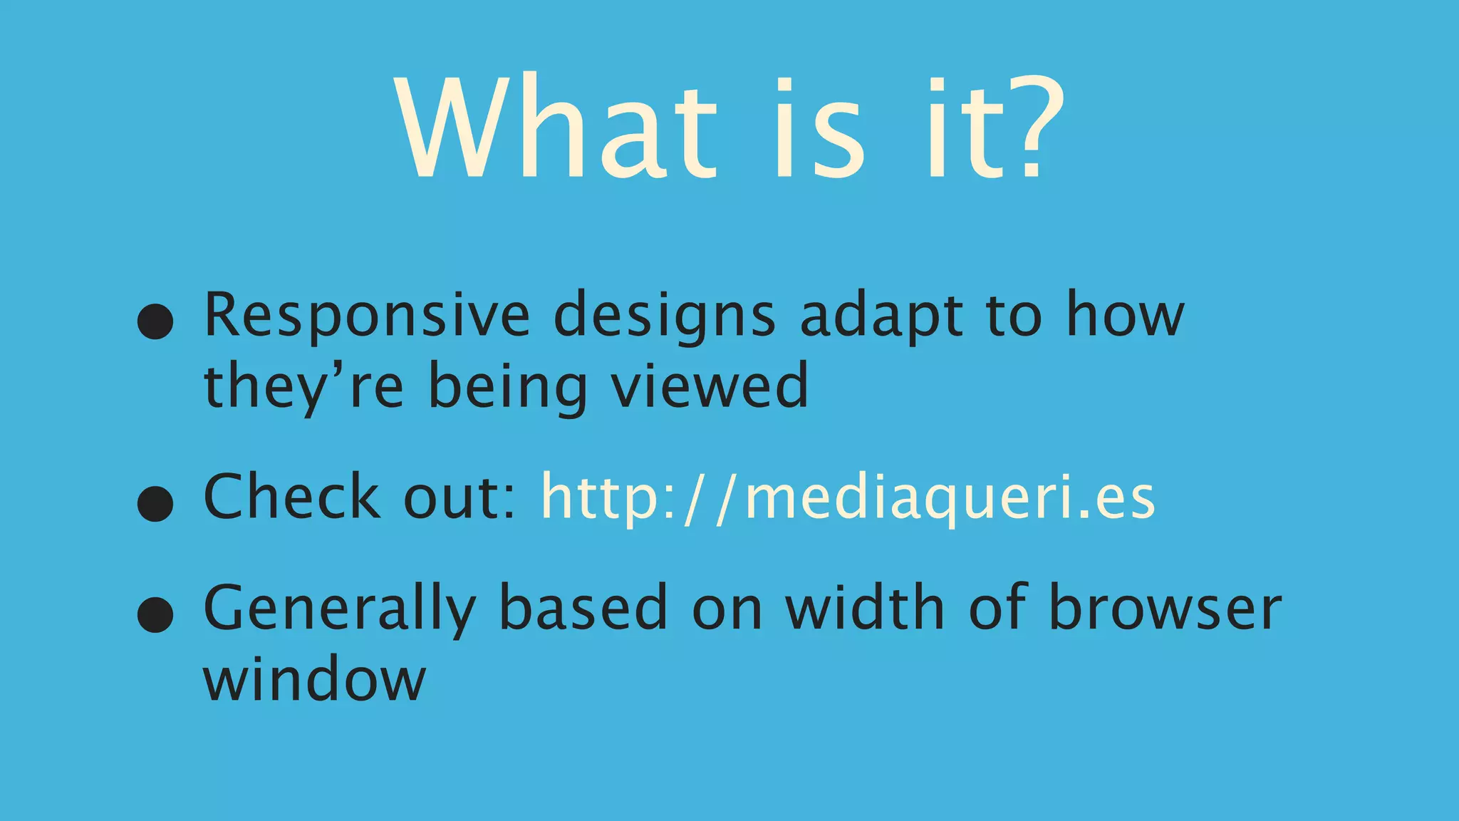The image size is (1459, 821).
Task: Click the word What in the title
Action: point(555,128)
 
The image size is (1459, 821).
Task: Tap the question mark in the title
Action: point(1033,128)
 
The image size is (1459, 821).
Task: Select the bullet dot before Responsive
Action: point(155,321)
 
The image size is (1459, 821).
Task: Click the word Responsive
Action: point(367,316)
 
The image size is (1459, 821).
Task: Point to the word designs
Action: point(664,316)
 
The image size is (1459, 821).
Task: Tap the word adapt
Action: point(881,316)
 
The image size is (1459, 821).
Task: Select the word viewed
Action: point(710,386)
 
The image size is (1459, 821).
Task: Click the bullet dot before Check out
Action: point(155,504)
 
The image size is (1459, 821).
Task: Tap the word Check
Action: point(291,496)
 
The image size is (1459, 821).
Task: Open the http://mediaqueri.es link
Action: point(848,497)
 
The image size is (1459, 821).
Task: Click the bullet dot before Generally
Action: point(155,615)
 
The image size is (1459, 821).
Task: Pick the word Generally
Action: point(339,609)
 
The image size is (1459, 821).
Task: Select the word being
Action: point(507,387)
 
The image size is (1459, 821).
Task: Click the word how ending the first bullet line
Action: point(1125,314)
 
